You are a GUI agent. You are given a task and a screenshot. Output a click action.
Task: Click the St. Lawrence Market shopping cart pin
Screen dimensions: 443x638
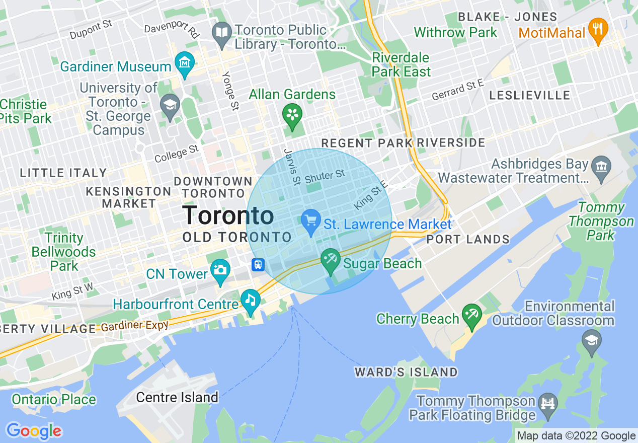click(x=311, y=221)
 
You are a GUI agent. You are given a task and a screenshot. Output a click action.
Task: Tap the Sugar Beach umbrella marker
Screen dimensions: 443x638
click(x=331, y=260)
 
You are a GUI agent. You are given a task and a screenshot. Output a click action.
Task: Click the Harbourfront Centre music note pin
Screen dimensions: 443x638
click(x=250, y=301)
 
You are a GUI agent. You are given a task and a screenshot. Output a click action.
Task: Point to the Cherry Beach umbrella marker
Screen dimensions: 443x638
click(x=471, y=316)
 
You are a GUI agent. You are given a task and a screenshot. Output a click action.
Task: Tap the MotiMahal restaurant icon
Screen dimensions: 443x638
click(x=598, y=29)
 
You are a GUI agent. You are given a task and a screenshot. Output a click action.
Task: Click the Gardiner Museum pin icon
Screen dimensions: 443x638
click(x=185, y=63)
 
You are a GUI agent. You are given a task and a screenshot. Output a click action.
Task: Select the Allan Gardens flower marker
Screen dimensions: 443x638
click(x=292, y=115)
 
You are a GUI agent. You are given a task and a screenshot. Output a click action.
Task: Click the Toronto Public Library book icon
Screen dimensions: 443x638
click(x=222, y=33)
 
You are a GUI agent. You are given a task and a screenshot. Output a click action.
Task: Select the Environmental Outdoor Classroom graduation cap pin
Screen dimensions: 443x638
click(x=591, y=341)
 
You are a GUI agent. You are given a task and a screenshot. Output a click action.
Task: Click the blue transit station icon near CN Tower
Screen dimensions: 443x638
click(x=258, y=264)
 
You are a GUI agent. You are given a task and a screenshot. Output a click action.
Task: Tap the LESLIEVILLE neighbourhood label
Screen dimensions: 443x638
click(x=529, y=95)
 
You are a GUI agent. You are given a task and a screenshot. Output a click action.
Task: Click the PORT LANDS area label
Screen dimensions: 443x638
click(x=468, y=239)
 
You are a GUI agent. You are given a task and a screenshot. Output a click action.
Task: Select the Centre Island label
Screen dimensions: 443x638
click(x=177, y=397)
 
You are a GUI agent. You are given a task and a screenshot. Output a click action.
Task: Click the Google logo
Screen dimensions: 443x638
click(x=34, y=431)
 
